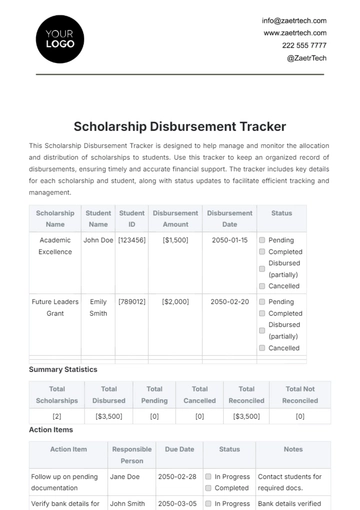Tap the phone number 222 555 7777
[x=303, y=45]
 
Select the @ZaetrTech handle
[x=306, y=58]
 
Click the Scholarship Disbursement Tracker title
[x=180, y=127]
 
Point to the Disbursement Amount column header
[x=175, y=219]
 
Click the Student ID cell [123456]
[x=132, y=241]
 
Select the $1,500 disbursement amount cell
[x=175, y=241]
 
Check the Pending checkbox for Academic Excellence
[x=262, y=241]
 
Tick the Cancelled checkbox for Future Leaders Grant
[x=262, y=349]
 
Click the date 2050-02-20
[x=229, y=301]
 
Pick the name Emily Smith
[x=98, y=307]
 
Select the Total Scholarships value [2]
[x=57, y=415]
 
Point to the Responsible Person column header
[x=131, y=456]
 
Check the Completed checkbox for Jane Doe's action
[x=207, y=489]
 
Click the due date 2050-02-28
[x=178, y=477]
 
